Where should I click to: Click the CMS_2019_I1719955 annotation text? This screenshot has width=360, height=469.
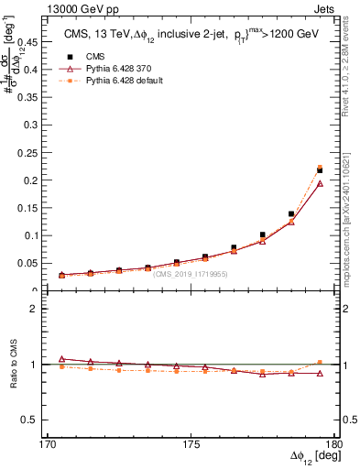coord(191,273)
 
